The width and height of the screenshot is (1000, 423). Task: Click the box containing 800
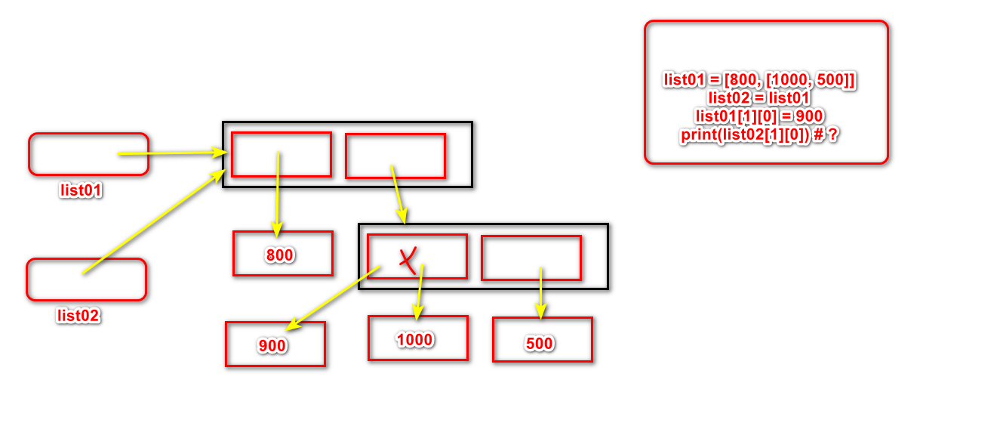pos(282,254)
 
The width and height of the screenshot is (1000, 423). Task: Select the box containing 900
pos(275,344)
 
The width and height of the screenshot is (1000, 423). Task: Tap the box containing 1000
pos(417,338)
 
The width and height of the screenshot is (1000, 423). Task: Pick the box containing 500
pos(542,340)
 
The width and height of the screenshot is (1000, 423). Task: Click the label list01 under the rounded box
pos(81,190)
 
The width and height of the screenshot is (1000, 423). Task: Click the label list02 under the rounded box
pos(78,316)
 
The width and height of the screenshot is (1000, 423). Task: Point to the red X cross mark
pos(408,260)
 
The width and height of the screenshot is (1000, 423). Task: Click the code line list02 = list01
pos(758,97)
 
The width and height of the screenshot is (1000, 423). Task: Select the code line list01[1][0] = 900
pos(758,116)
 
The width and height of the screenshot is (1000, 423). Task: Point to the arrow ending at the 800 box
pos(278,193)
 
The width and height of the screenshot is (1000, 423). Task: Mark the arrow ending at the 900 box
pos(332,298)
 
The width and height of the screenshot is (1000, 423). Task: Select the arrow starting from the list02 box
pos(151,223)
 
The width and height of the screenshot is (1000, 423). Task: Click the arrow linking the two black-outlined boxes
pos(398,193)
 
